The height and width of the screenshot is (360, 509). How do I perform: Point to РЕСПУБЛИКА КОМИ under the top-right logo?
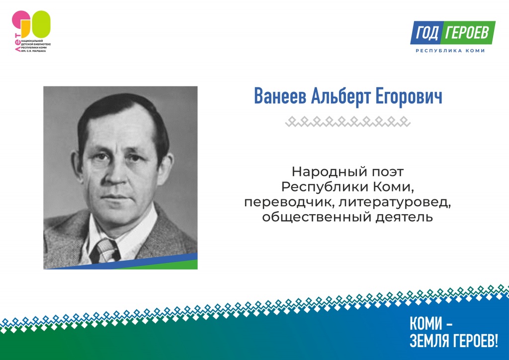coord(450,51)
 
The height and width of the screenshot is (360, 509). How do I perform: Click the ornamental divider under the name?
coord(348,121)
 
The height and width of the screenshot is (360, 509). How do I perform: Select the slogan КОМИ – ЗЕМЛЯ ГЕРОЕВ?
coord(452,332)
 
